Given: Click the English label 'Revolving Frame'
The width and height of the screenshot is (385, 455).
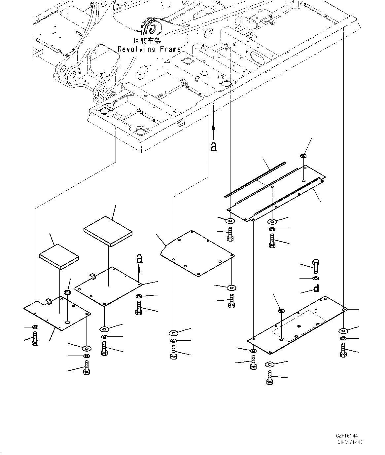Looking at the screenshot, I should pyautogui.click(x=149, y=49).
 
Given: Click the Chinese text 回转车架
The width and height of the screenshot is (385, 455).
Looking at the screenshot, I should pyautogui.click(x=147, y=41).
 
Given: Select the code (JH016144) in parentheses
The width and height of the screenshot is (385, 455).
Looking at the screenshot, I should pyautogui.click(x=349, y=442).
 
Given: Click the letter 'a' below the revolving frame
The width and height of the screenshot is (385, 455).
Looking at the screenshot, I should pyautogui.click(x=214, y=146).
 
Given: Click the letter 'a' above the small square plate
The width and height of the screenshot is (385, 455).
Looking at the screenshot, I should pyautogui.click(x=140, y=258).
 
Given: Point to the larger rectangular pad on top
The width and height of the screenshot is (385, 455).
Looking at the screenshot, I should pyautogui.click(x=108, y=231).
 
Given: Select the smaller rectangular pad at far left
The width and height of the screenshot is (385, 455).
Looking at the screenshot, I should pyautogui.click(x=59, y=256).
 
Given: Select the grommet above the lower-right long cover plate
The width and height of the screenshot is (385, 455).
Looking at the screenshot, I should pyautogui.click(x=281, y=311).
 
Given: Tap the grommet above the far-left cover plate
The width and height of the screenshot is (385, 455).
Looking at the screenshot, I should pyautogui.click(x=67, y=292).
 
